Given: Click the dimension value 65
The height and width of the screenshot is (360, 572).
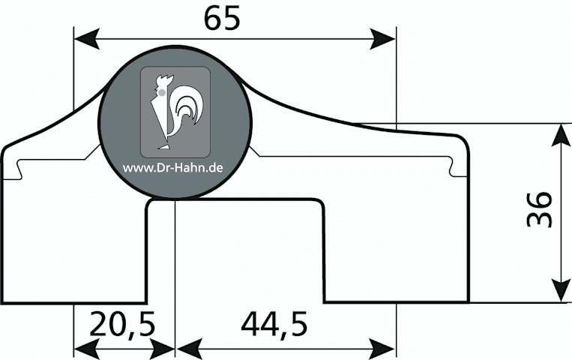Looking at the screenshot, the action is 222,18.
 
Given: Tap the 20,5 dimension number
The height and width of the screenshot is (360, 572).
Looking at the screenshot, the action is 122,324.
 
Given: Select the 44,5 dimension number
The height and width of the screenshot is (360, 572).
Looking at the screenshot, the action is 274,324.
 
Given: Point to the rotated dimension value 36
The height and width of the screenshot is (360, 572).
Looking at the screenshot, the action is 540,208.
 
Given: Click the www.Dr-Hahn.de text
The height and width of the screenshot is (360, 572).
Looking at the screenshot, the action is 172,168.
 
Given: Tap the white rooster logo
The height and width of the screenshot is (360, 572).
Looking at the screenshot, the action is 176,112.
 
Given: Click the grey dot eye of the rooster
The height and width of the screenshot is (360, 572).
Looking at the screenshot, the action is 162,93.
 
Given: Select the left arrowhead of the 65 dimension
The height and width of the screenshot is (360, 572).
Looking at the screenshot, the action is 87,39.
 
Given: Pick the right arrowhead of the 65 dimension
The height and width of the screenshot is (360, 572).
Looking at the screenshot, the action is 382,39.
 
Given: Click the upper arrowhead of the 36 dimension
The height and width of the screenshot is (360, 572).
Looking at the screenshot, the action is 561,136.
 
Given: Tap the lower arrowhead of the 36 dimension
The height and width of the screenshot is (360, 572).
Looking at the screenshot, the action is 561,291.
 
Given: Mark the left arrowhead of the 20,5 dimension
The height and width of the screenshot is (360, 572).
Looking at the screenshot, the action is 87,349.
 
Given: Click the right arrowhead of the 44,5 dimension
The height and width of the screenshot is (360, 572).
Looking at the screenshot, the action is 382,349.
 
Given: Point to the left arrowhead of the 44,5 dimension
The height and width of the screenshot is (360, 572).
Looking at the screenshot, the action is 189,349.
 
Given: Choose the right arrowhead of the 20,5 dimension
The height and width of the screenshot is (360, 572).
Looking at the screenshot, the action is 163,349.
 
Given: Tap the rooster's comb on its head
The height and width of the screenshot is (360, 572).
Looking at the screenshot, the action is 165,79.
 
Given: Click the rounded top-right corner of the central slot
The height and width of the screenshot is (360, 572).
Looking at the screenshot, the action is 319,204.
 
